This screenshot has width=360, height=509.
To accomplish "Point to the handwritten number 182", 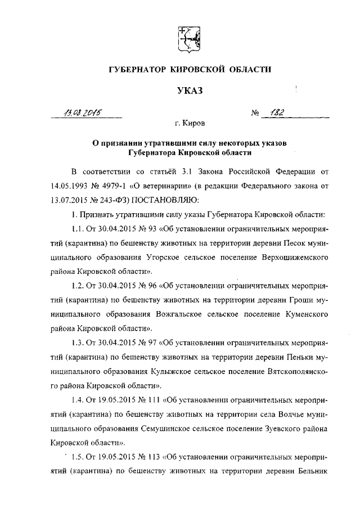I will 277,112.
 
